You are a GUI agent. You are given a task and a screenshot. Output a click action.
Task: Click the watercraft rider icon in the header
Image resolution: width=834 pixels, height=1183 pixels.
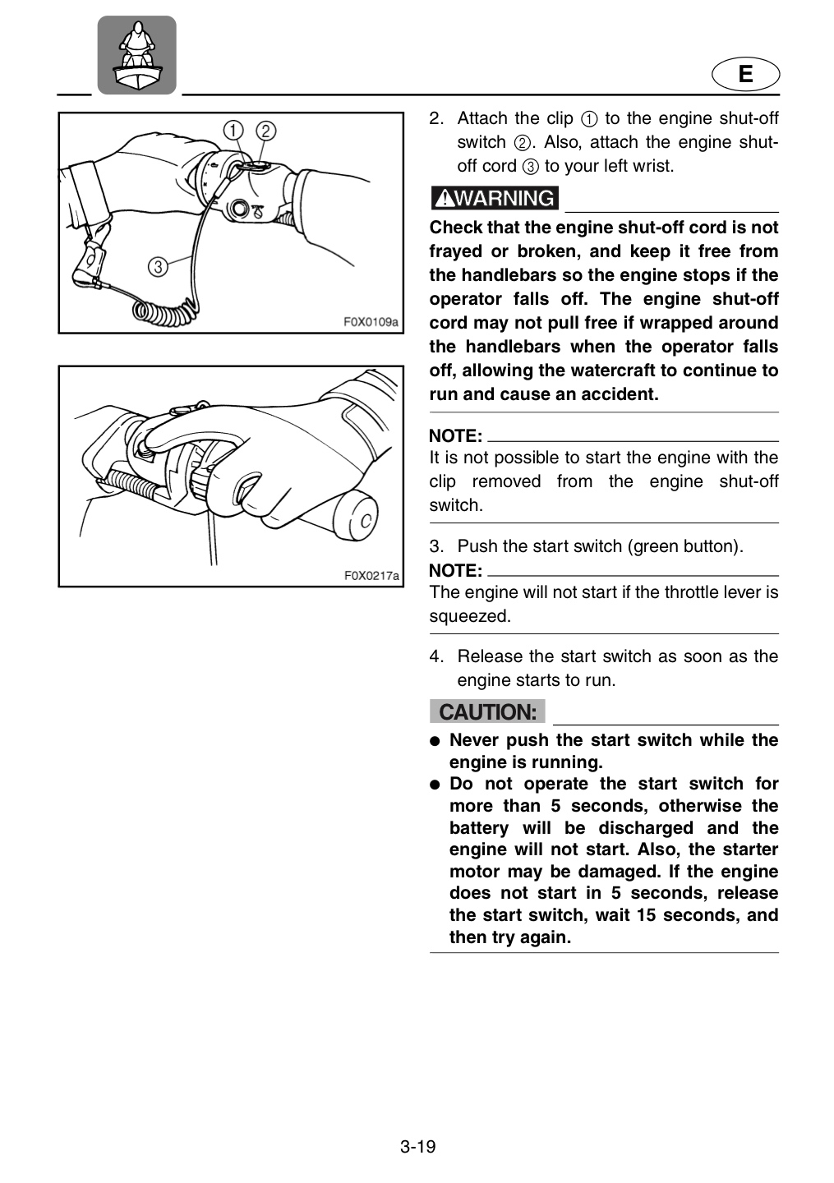(x=136, y=55)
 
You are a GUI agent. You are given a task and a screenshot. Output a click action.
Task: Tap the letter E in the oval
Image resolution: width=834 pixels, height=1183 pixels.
(x=745, y=74)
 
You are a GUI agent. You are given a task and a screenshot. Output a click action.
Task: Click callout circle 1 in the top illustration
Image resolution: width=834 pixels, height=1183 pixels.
(x=233, y=130)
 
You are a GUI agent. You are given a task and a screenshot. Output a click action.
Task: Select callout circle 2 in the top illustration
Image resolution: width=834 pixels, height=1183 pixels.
(x=265, y=131)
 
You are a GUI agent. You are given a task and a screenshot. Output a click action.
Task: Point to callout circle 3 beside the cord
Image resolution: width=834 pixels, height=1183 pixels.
(x=158, y=266)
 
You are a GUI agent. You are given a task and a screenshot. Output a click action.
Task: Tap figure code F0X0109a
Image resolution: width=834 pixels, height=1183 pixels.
(x=371, y=322)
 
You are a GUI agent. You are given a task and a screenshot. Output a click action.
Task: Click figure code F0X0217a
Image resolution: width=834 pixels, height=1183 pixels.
(x=371, y=575)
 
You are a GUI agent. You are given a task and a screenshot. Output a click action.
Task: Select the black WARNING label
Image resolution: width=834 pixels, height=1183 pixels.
(x=495, y=198)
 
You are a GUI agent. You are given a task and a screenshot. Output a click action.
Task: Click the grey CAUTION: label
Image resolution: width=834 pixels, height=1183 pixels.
(x=487, y=711)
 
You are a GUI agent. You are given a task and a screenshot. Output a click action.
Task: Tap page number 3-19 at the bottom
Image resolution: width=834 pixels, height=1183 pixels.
(x=417, y=1147)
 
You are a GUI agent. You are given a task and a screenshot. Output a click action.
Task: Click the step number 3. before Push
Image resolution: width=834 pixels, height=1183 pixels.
(x=437, y=546)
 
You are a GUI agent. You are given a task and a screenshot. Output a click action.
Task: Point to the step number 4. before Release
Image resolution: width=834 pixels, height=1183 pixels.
(x=437, y=656)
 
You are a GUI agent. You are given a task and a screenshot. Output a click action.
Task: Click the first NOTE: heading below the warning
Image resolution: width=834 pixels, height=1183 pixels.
(x=456, y=436)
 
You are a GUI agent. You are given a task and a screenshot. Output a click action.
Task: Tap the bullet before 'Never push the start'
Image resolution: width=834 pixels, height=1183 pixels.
(x=435, y=742)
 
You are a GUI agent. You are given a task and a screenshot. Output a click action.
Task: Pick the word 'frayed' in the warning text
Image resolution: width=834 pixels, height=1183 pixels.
(x=454, y=252)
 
